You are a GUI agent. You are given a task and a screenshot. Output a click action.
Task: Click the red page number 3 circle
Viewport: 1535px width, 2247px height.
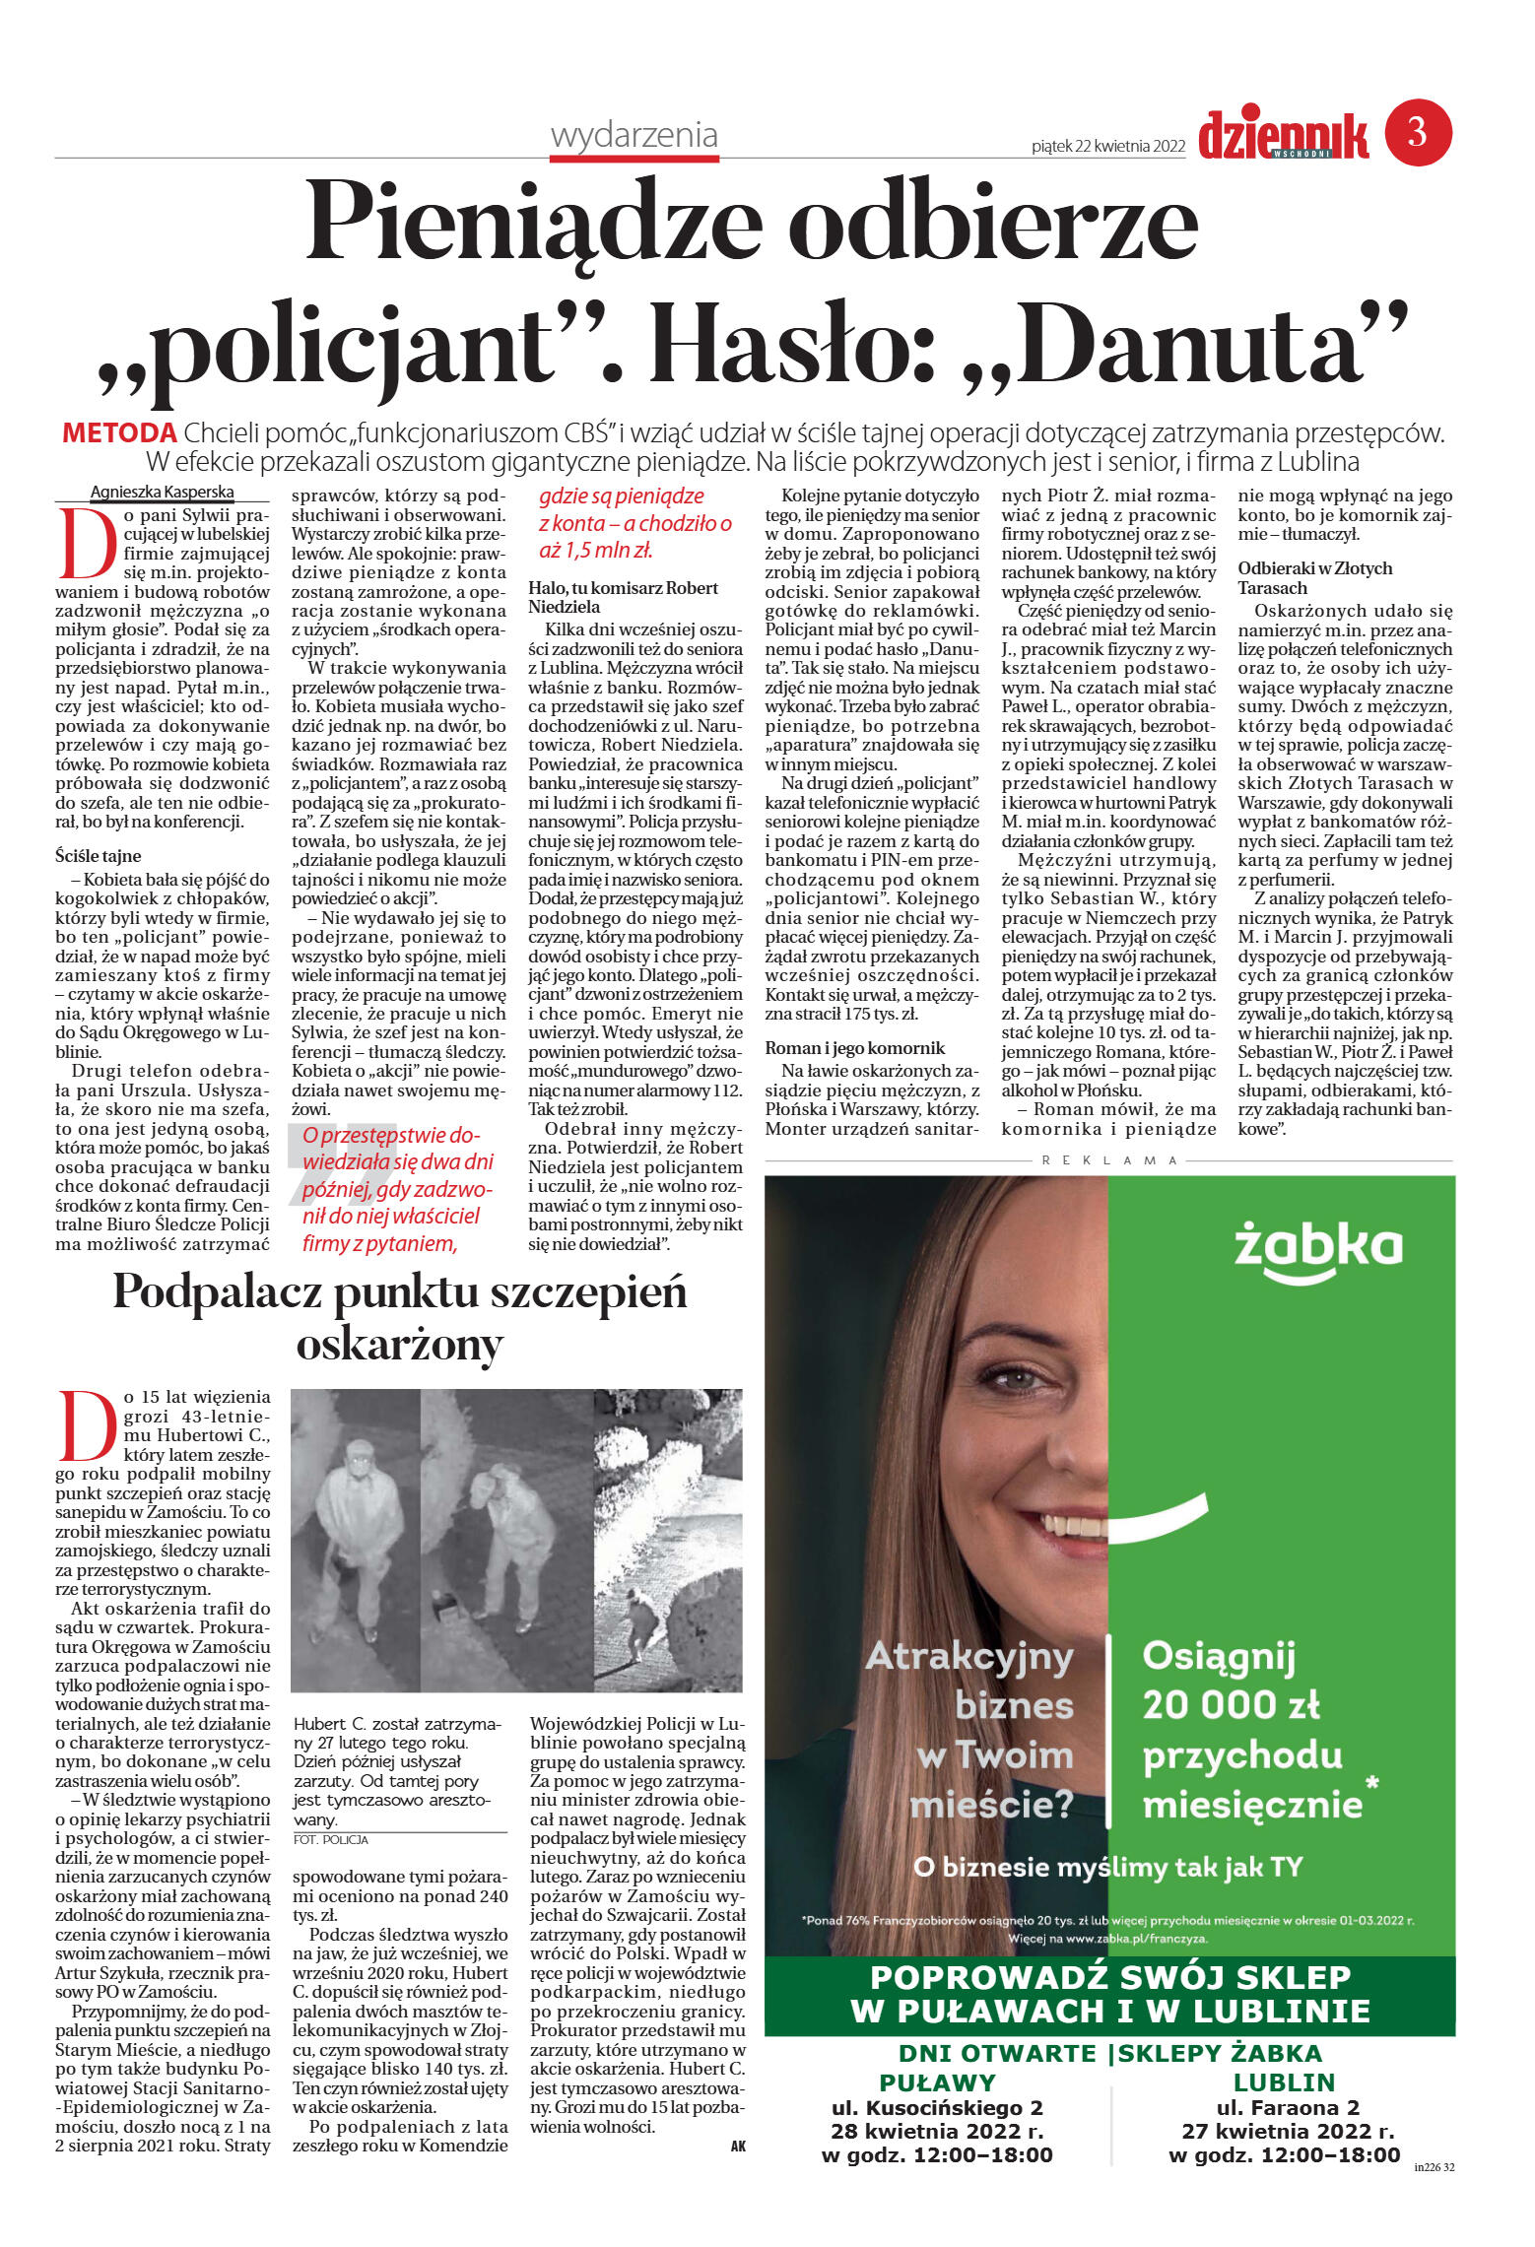[x=1418, y=132]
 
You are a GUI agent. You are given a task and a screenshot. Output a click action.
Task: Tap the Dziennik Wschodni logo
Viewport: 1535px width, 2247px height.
[x=1283, y=136]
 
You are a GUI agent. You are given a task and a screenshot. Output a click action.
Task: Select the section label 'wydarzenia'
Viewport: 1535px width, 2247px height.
[x=634, y=135]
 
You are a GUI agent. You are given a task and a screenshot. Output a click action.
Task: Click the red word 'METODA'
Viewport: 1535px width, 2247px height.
[x=119, y=432]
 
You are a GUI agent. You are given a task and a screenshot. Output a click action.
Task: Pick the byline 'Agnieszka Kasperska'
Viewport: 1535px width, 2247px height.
[x=162, y=492]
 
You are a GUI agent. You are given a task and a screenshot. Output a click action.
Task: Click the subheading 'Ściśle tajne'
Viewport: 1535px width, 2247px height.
[x=98, y=856]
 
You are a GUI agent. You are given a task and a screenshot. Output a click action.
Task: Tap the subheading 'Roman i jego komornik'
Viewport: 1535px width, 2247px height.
[x=854, y=1047]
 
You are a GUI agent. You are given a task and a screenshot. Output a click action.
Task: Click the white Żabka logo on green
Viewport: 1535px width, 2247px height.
[x=1317, y=1250]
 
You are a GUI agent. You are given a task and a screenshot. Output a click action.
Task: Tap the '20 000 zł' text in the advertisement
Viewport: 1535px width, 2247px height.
[x=1231, y=1703]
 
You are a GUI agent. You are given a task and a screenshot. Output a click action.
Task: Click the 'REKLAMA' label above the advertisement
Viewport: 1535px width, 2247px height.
[x=1109, y=1160]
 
